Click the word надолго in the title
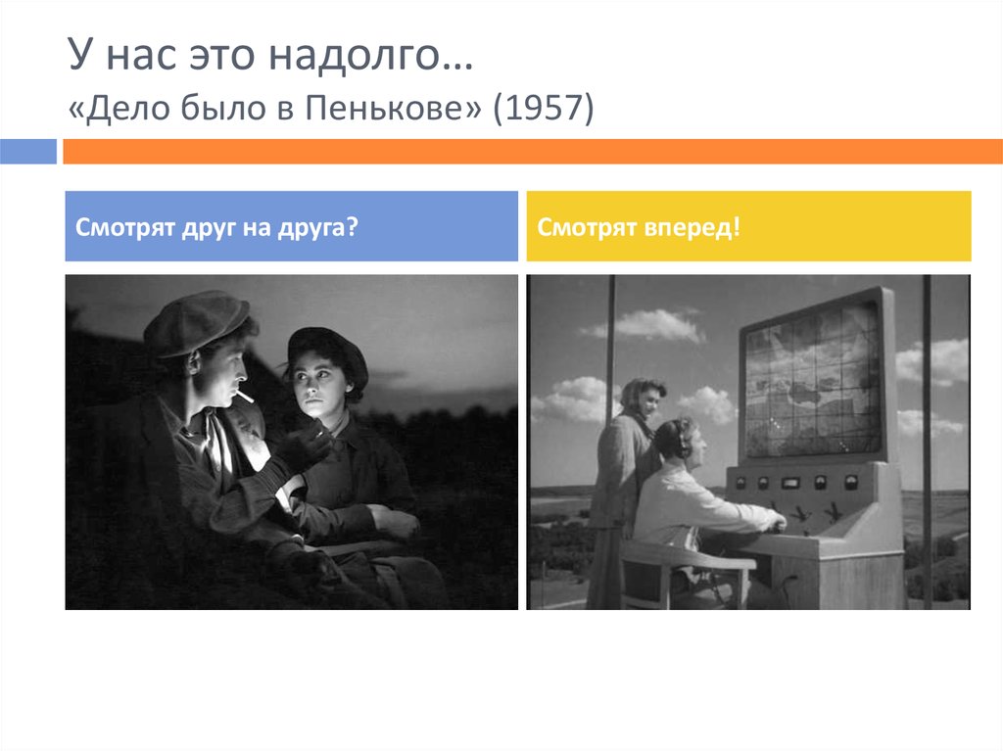(x=391, y=58)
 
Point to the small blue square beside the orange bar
(x=28, y=151)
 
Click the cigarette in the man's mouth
(x=243, y=395)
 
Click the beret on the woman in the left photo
(x=327, y=348)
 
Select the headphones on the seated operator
(x=683, y=440)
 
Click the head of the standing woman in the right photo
(x=643, y=397)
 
